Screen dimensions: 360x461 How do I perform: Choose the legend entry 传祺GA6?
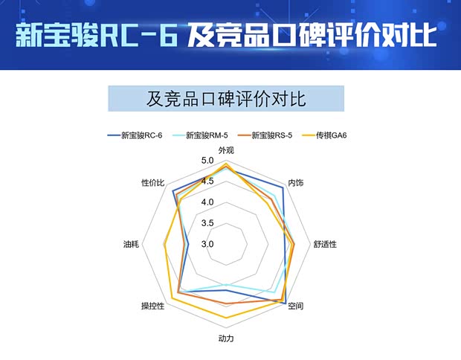[332, 135]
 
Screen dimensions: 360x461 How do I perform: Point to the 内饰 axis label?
[296, 183]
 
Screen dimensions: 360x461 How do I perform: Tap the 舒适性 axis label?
[325, 244]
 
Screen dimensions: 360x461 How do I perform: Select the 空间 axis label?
[296, 306]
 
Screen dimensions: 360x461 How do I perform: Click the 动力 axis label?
[226, 338]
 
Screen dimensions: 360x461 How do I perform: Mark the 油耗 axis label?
[131, 244]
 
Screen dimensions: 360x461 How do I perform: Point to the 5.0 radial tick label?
[207, 161]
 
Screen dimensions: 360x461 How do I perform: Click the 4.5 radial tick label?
[207, 181]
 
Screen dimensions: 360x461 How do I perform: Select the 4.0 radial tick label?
[207, 202]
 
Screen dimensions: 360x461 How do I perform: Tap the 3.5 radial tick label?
[207, 223]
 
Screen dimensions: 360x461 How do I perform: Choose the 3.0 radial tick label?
[207, 244]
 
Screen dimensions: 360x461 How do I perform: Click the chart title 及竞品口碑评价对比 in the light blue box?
[226, 99]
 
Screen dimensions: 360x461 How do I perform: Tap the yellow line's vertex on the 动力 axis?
[226, 318]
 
